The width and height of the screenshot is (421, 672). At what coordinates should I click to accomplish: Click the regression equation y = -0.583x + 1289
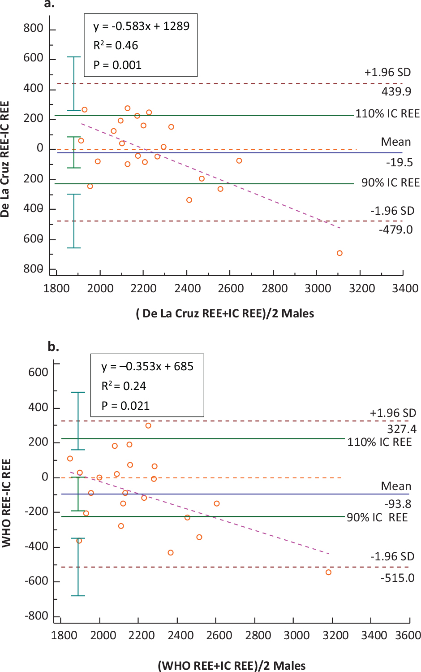pos(141,26)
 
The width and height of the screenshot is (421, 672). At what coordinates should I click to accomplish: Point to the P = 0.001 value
pos(117,65)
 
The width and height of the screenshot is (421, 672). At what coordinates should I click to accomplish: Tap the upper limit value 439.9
pos(396,91)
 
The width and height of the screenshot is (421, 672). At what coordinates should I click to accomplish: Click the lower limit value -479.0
pos(395,230)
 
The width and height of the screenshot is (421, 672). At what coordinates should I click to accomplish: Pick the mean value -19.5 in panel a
pos(399,162)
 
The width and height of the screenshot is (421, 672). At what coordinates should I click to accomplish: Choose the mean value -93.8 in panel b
pos(397,504)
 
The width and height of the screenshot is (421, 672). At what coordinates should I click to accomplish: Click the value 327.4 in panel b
pos(402,429)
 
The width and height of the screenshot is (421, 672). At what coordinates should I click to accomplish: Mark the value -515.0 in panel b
pos(397,578)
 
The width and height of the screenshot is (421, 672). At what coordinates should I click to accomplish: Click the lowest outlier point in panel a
pos(339,253)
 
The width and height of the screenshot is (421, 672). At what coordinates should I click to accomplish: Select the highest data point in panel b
pos(148,425)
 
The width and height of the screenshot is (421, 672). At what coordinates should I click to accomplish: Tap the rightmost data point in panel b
pos(328,572)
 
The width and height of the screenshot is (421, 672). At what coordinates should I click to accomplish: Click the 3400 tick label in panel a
pos(405,288)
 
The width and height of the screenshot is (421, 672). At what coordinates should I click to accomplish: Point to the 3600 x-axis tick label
pos(408,635)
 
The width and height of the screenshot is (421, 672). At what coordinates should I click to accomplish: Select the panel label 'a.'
pos(49,4)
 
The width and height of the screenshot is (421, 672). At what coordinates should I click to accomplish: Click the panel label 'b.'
pos(53,347)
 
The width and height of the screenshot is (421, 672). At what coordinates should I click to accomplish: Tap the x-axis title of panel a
pos(225,313)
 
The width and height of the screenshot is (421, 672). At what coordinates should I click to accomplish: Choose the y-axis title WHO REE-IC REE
pos(6,503)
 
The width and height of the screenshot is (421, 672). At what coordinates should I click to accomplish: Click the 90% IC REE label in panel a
pos(390,183)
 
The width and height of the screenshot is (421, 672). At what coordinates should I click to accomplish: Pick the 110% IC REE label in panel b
pos(379,442)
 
